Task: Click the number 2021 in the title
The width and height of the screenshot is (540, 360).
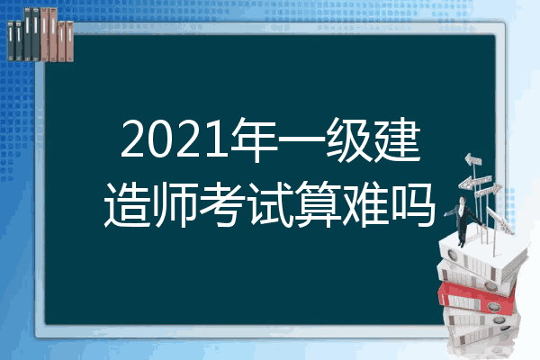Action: pos(175,139)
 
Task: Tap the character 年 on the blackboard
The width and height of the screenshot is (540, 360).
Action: pos(255,139)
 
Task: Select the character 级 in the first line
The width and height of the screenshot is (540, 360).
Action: pos(349,139)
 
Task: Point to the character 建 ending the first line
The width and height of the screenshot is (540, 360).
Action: pos(397,139)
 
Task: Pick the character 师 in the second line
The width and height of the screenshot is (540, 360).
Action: pos(175,204)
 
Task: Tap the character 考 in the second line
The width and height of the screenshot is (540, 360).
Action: pos(222,204)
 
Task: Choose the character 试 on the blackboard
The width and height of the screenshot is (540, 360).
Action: pos(270,204)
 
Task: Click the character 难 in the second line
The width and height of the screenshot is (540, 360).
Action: pos(364,204)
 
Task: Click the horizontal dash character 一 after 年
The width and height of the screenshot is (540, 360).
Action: pos(301,139)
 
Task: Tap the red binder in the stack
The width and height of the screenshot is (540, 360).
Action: pos(476,296)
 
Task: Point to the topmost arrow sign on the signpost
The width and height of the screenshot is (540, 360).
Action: pos(473,159)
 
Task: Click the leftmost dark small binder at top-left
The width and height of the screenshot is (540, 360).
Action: pos(11,40)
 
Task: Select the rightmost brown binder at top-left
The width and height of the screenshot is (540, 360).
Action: pos(69,41)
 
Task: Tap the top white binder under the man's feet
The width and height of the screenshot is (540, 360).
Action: pos(482,257)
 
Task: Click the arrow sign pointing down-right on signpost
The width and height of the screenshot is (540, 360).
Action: pos(500,220)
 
